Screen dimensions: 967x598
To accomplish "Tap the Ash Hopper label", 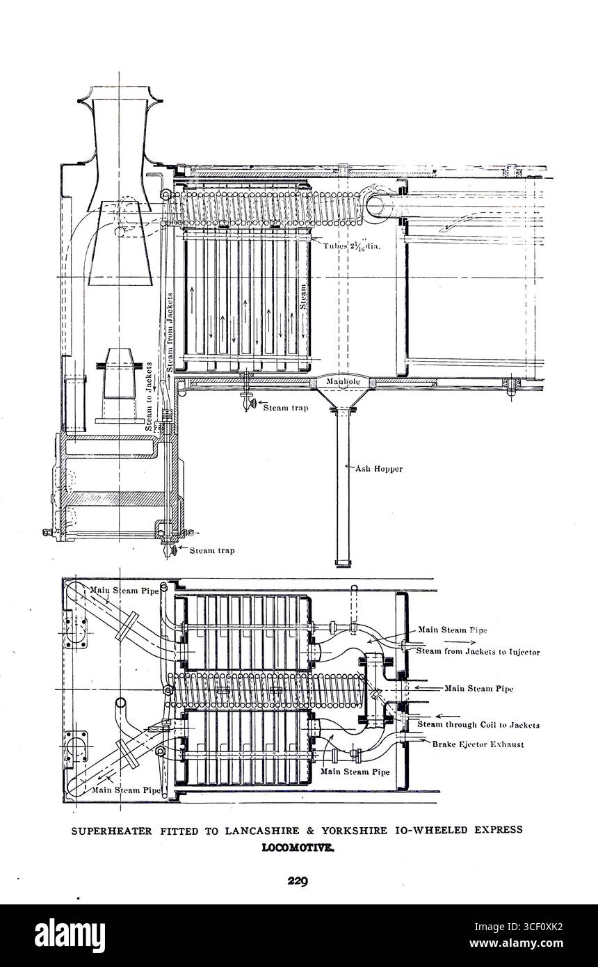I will point(379,469).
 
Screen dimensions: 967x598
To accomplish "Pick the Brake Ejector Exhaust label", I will point(479,744).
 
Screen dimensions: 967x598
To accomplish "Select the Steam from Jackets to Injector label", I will point(478,651).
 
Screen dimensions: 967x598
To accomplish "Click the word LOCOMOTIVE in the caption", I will point(298,848).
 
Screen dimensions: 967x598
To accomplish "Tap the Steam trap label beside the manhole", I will point(285,408).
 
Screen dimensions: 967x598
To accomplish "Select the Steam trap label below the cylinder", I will point(211,550).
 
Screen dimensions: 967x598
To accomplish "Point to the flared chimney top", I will point(119,104).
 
